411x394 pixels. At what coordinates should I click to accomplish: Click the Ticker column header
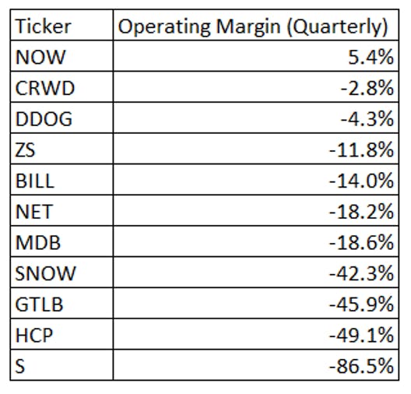[44, 26]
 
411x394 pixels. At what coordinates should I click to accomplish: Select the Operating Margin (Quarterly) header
[253, 27]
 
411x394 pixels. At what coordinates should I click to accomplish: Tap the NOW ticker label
[40, 57]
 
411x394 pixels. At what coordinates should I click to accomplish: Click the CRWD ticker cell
[45, 88]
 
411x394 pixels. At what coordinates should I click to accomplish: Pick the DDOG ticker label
[44, 119]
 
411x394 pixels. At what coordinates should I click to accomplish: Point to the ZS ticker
[25, 150]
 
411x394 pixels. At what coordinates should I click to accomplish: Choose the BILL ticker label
[35, 181]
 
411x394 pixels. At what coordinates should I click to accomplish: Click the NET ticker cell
[34, 212]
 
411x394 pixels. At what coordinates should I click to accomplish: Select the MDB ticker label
[38, 242]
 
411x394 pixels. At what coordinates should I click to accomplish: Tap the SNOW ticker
[45, 273]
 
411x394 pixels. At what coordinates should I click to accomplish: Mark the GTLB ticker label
[39, 304]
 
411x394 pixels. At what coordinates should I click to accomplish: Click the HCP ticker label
[34, 336]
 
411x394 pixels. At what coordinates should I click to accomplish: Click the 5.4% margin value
[371, 57]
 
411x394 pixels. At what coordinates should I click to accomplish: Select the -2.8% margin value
[367, 88]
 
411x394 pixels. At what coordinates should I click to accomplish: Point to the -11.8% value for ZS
[361, 150]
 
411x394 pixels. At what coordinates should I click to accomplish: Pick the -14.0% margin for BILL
[361, 181]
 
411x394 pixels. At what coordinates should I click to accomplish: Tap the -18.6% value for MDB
[361, 242]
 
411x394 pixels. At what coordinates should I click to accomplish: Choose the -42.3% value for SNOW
[361, 273]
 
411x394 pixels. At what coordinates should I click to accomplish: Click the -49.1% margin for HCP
[361, 336]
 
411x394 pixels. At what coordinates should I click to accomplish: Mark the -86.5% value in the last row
[361, 366]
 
